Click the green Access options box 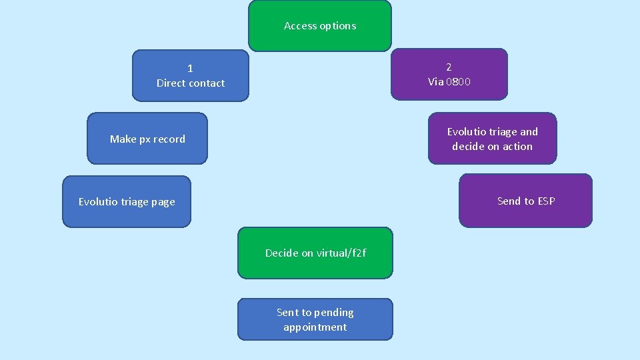coord(320,26)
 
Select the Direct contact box coord(191,76)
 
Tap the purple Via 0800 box coord(449,74)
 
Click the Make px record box coord(147,139)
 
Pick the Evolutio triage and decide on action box coord(492,139)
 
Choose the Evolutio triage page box coord(127,201)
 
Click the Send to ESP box coord(525,201)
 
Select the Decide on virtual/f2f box coord(315,253)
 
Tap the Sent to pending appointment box coord(315,319)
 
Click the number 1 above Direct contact coord(191,69)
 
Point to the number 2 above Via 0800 coord(449,67)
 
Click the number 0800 coord(459,82)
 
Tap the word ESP coord(546,201)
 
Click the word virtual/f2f coord(341,253)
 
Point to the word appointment coord(315,327)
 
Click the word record coord(169,139)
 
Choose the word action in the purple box coord(517,147)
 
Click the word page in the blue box coord(163,201)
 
